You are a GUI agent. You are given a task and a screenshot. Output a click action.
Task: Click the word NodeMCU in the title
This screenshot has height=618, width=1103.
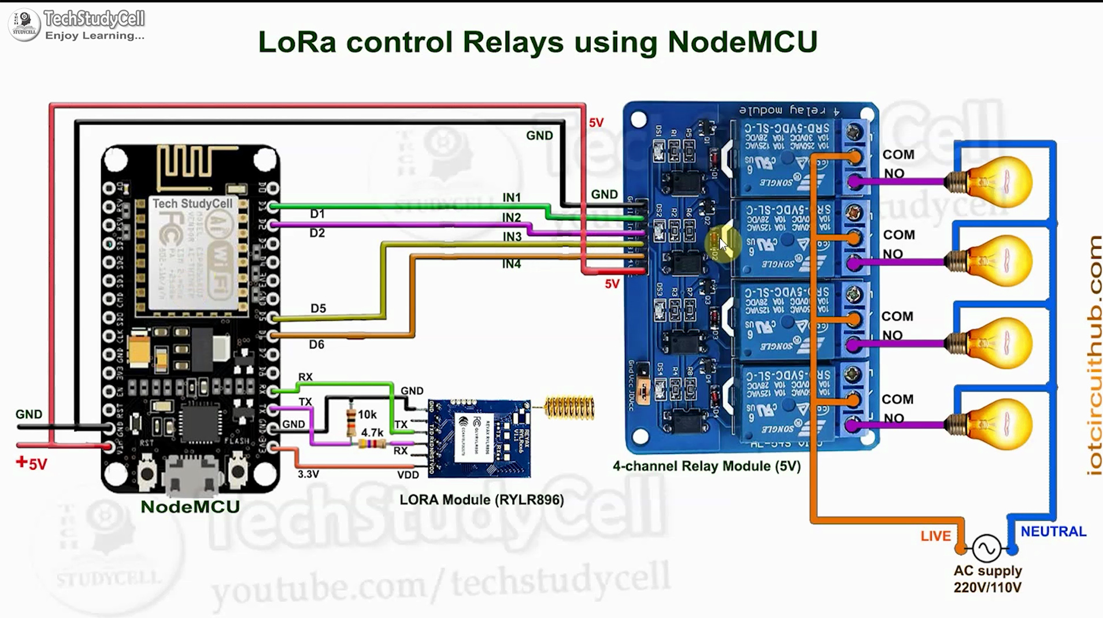pyautogui.click(x=742, y=42)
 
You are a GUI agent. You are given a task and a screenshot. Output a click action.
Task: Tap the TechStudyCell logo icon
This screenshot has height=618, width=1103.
pyautogui.click(x=24, y=24)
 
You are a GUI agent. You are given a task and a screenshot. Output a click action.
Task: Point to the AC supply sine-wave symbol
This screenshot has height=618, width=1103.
pyautogui.click(x=986, y=548)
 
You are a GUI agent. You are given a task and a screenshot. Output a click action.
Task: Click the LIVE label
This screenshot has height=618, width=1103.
pyautogui.click(x=935, y=536)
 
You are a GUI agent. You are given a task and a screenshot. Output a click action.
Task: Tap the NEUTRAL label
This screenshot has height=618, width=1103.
pyautogui.click(x=1053, y=531)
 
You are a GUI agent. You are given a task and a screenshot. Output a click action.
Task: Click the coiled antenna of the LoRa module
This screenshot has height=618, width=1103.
pyautogui.click(x=569, y=408)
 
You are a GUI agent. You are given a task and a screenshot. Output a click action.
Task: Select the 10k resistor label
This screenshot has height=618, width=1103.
pyautogui.click(x=367, y=415)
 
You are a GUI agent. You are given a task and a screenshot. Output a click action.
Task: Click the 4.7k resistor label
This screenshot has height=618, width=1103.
pyautogui.click(x=372, y=432)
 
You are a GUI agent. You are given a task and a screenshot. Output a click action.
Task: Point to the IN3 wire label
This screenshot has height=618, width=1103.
pyautogui.click(x=512, y=236)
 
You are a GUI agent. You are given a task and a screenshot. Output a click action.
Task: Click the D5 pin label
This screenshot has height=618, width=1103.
pyautogui.click(x=318, y=308)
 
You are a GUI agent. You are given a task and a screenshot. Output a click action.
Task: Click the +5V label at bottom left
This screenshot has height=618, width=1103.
pyautogui.click(x=32, y=464)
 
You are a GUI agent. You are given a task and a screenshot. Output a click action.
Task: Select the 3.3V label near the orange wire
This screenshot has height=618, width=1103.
pyautogui.click(x=308, y=474)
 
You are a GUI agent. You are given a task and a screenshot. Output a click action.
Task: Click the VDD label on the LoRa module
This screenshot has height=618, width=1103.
pyautogui.click(x=408, y=475)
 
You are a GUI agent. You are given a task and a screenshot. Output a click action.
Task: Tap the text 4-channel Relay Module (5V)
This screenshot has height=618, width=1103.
pyautogui.click(x=706, y=466)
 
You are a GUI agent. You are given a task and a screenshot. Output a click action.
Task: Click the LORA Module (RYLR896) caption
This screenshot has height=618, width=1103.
pyautogui.click(x=482, y=499)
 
